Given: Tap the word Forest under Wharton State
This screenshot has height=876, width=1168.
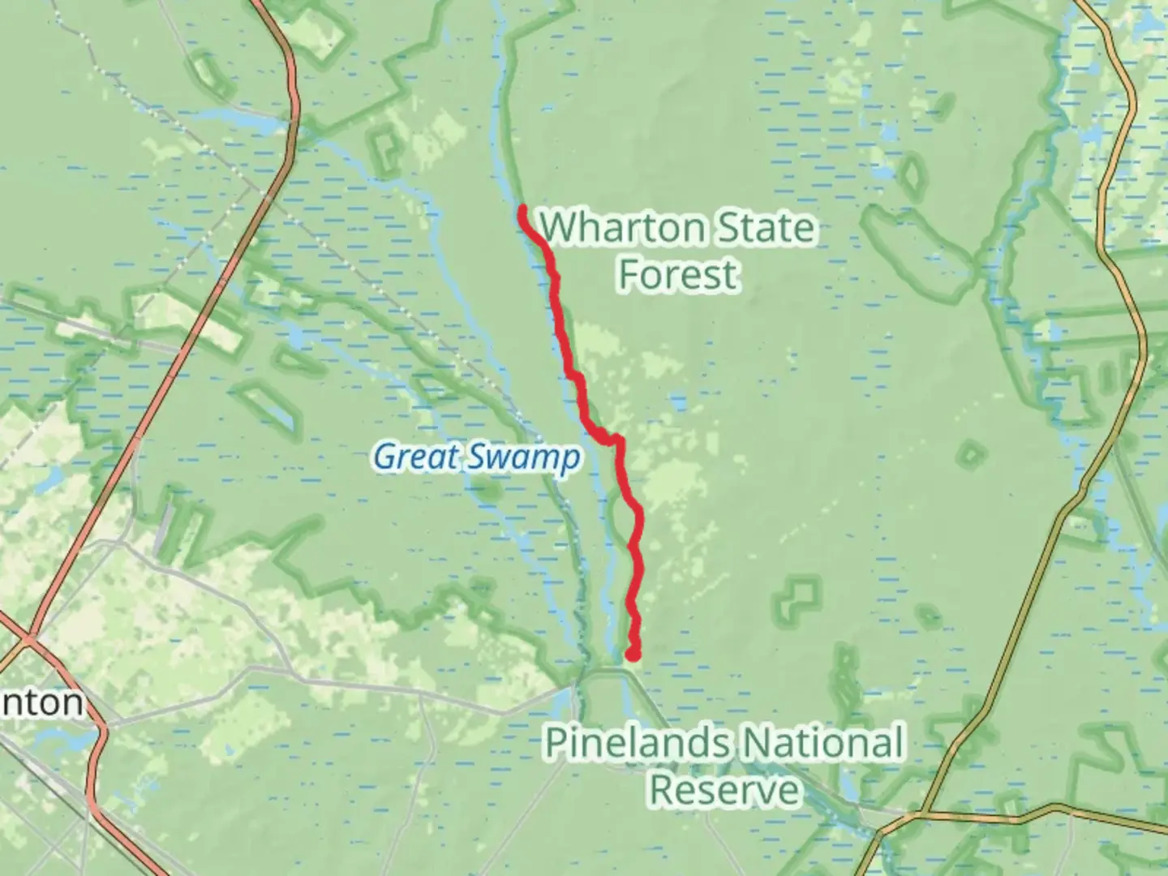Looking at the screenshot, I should [x=678, y=274].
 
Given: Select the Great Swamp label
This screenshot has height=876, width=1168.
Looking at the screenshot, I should [x=477, y=457].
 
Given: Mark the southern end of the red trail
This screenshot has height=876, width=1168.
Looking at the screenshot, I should [x=633, y=654].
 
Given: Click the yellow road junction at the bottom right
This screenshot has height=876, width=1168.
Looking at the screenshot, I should [x=924, y=814].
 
